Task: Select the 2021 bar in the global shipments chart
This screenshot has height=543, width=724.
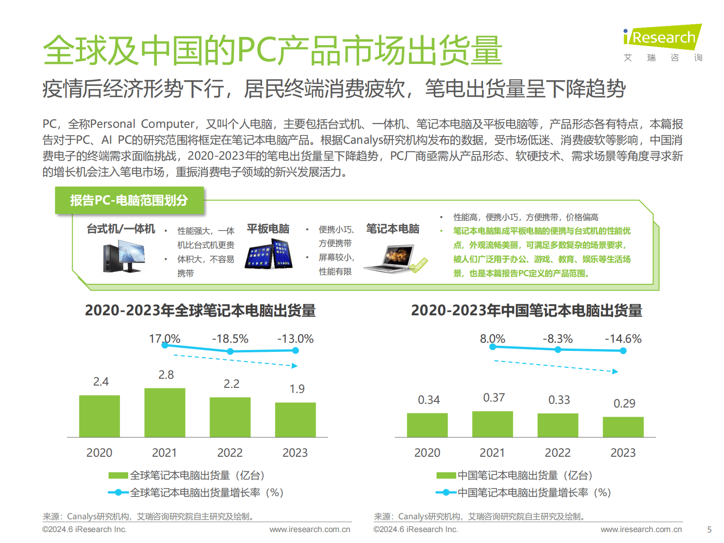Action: tap(165, 412)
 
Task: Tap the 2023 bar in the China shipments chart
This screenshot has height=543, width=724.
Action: tap(623, 427)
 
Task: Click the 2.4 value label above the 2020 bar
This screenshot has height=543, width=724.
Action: tap(101, 381)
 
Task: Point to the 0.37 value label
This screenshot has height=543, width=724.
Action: tap(494, 398)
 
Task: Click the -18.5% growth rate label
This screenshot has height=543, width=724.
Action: tap(230, 339)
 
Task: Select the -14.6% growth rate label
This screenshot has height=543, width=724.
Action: tap(623, 339)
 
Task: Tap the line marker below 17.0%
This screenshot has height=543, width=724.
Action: tap(165, 345)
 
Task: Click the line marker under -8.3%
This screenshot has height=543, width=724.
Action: tap(558, 350)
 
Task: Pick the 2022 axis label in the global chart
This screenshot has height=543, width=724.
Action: tap(230, 453)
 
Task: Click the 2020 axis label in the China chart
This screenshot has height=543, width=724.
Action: tap(427, 453)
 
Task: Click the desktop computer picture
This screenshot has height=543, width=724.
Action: tap(123, 256)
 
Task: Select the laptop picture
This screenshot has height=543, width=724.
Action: tap(395, 258)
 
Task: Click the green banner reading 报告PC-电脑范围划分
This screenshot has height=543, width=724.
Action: tap(129, 200)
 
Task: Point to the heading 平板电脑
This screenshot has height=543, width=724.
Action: tap(268, 229)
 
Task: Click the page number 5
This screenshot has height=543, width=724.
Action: tap(709, 530)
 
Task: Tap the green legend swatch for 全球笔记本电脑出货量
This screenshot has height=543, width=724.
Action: tap(118, 475)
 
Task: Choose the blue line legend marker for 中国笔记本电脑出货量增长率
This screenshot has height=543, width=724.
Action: tap(446, 492)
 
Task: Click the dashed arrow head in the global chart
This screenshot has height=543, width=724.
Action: tap(295, 365)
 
